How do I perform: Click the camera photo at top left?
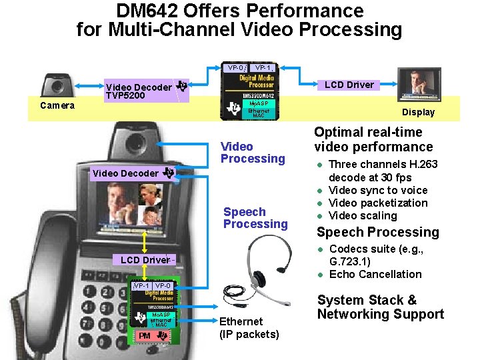click(57, 85)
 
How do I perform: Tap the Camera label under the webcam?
click(58, 105)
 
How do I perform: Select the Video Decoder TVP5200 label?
click(139, 91)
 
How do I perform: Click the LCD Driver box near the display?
click(349, 85)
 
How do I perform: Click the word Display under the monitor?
click(418, 112)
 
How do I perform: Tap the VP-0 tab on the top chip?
click(235, 68)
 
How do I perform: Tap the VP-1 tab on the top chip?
click(263, 68)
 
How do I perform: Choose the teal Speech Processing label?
click(255, 218)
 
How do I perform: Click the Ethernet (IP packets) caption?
click(249, 327)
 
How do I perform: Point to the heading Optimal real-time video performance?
click(373, 139)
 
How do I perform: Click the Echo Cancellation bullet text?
click(375, 274)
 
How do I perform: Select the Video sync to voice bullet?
click(378, 190)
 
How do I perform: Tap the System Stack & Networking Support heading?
click(380, 307)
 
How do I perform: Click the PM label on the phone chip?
click(145, 335)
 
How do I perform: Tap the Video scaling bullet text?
click(363, 215)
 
